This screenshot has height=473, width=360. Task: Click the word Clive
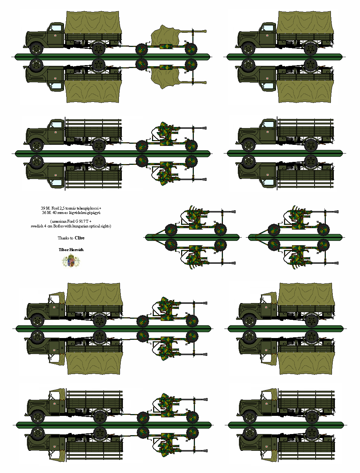79,238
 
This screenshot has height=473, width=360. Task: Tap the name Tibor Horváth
71,250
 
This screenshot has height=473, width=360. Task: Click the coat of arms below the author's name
71,261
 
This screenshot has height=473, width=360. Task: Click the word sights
105,226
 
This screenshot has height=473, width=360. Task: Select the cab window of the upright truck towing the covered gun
55,28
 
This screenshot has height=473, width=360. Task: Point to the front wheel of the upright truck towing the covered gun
36,49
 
